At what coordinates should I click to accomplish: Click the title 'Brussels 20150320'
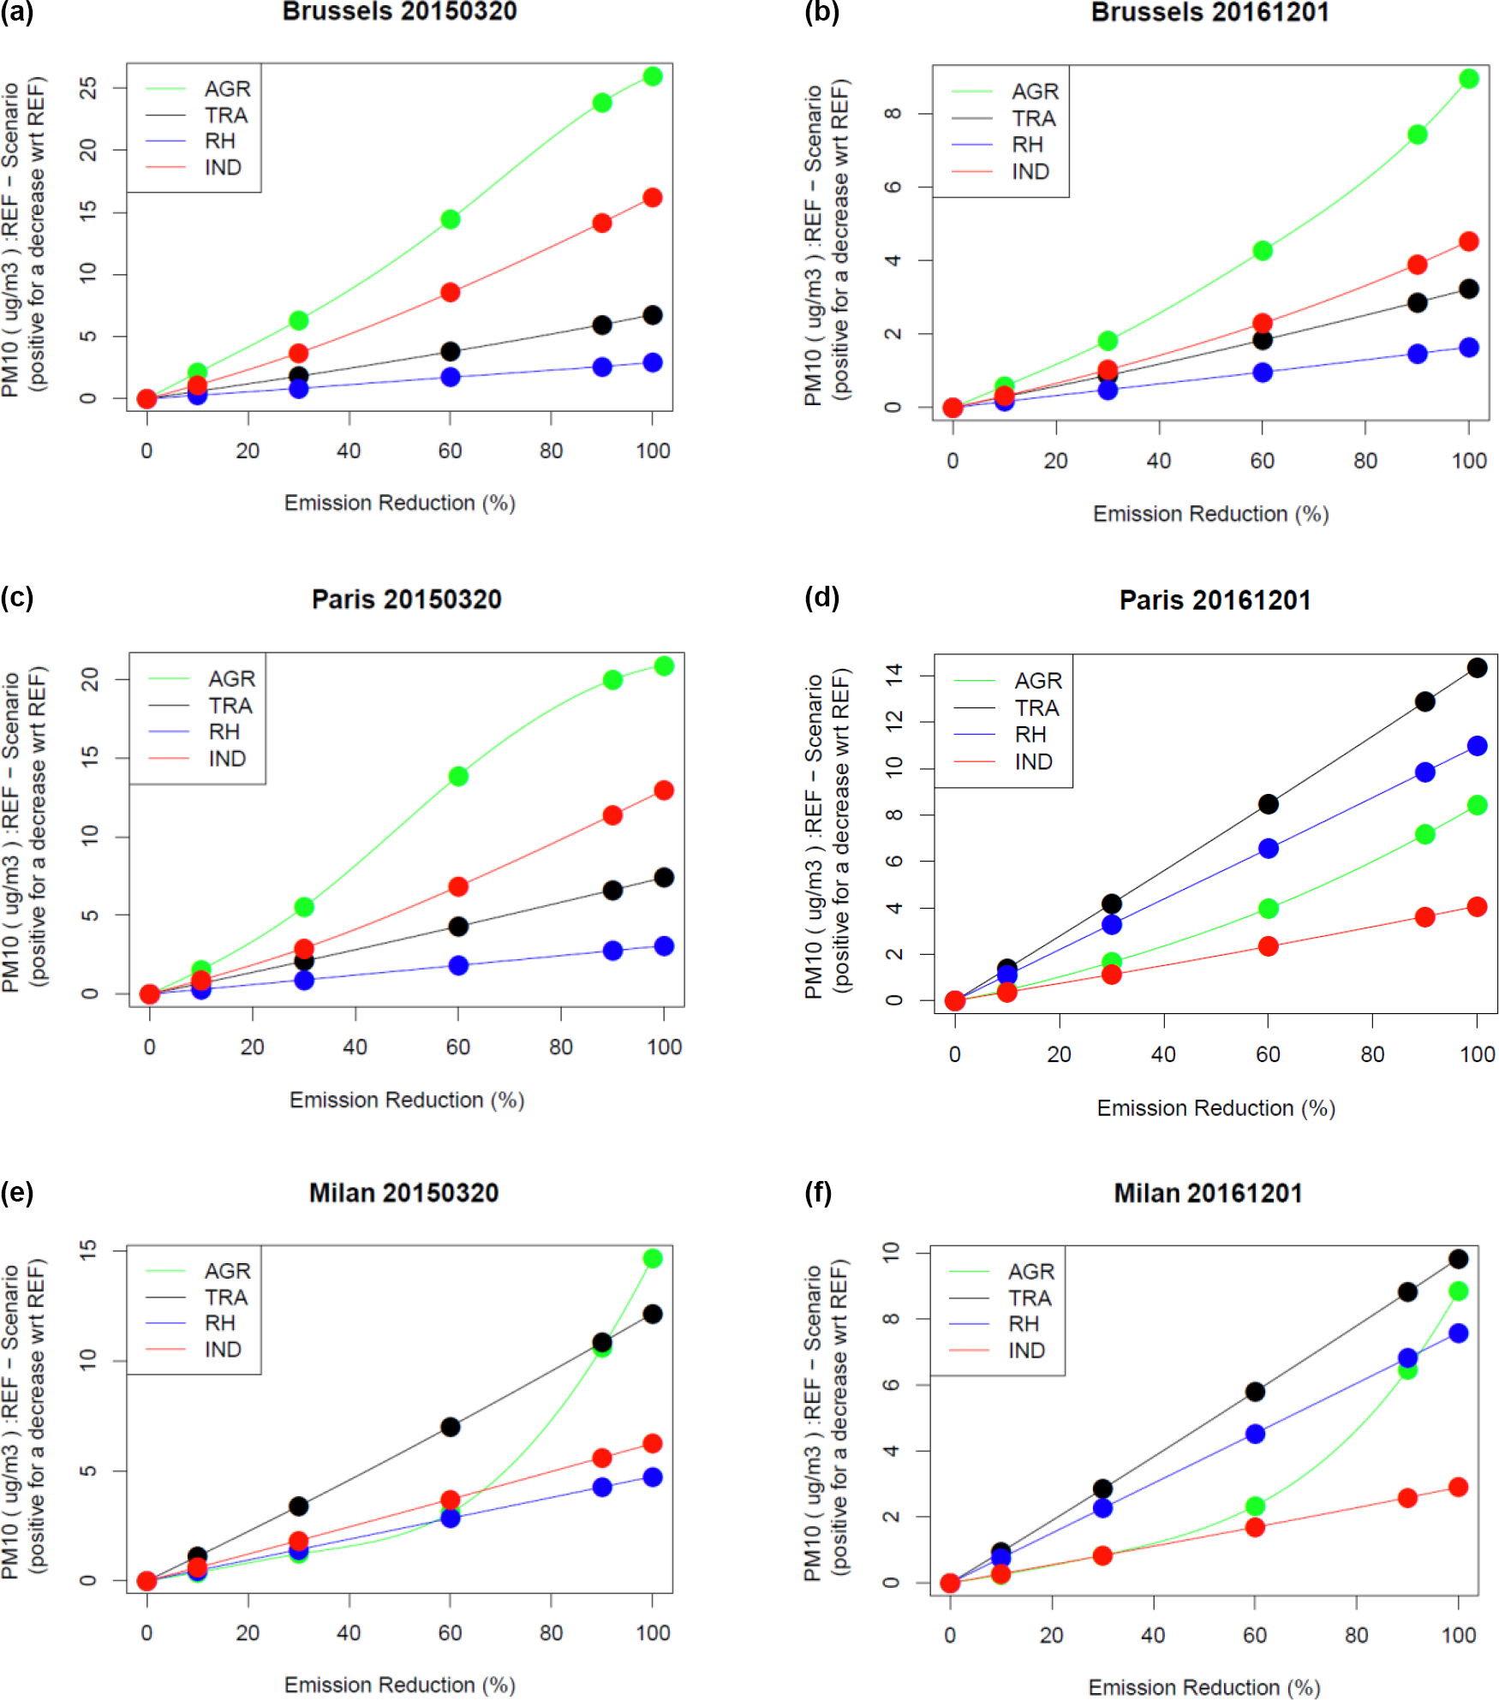pos(399,12)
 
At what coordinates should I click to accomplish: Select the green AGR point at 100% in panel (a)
pos(652,76)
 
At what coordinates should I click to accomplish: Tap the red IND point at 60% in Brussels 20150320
pos(450,292)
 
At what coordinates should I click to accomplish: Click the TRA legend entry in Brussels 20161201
pos(1033,118)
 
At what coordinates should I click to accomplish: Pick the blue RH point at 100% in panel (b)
pos(1468,347)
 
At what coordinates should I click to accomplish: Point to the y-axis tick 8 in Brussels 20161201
pos(893,113)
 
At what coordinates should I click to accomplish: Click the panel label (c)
pos(16,597)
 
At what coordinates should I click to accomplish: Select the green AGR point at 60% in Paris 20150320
pos(458,776)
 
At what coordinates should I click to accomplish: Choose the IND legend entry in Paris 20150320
pos(226,759)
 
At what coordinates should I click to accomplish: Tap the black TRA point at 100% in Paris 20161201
pos(1477,667)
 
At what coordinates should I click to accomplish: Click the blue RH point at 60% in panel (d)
pos(1268,848)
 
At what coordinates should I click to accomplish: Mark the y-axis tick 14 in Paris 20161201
pos(894,675)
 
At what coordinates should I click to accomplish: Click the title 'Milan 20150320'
pos(403,1193)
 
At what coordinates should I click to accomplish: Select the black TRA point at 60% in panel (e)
pos(450,1427)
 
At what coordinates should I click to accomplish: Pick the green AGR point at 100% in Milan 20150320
pos(652,1258)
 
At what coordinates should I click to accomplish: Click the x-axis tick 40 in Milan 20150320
pos(349,1632)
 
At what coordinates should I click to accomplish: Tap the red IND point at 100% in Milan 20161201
pos(1458,1487)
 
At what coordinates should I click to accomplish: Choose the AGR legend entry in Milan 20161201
pos(1030,1272)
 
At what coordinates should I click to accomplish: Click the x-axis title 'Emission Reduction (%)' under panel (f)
pos(1203,1687)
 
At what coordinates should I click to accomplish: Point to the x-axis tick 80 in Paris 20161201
pos(1372,1054)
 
